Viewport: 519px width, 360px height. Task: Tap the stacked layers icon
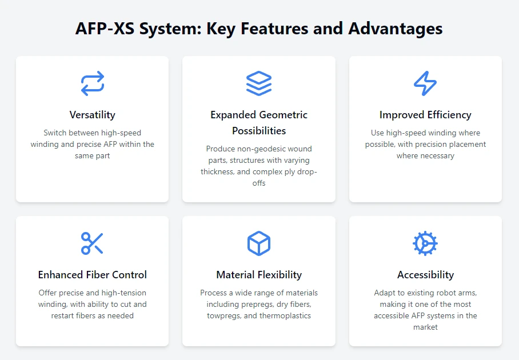[x=259, y=83]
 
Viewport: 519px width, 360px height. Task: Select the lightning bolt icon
[x=425, y=83]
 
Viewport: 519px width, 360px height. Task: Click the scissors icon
[x=92, y=243]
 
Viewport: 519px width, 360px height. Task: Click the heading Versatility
[x=93, y=115]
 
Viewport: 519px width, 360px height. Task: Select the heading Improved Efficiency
[x=425, y=115]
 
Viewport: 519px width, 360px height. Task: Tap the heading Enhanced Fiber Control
[x=93, y=275]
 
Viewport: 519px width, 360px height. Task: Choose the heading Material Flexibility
[x=259, y=275]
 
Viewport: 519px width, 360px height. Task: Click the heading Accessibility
[x=425, y=275]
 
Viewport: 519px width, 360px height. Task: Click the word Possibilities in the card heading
[x=259, y=131]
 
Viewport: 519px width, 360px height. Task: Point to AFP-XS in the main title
[x=105, y=29]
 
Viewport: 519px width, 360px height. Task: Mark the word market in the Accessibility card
[x=425, y=327]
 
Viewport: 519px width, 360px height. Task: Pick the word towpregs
[x=224, y=316]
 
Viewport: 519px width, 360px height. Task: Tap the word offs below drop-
[x=259, y=183]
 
